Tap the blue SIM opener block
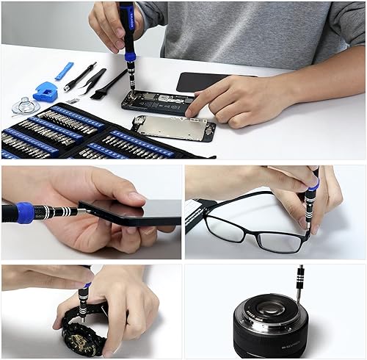[x=45, y=91]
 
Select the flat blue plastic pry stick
[x=64, y=71]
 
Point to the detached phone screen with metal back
[x=173, y=127]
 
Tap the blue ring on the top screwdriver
[x=130, y=57]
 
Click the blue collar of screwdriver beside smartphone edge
[x=26, y=212]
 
